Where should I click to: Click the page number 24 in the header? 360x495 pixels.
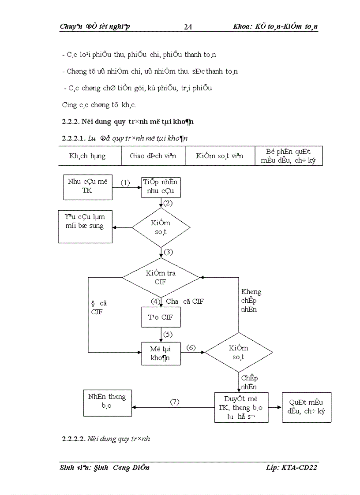[x=187, y=27]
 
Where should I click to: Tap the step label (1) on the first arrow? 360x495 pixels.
[x=126, y=182]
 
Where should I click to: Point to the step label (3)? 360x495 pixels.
[x=168, y=252]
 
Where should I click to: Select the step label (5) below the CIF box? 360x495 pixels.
[x=168, y=334]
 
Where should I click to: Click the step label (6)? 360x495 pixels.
[x=191, y=347]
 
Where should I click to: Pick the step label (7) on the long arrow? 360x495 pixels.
[x=175, y=402]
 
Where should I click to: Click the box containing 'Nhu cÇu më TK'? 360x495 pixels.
[x=88, y=186]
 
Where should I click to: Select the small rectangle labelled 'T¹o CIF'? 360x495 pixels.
[x=161, y=317]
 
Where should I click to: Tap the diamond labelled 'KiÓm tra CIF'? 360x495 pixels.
[x=161, y=277]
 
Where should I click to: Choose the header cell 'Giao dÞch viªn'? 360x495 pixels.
[x=153, y=156]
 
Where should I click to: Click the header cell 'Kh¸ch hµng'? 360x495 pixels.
[x=90, y=156]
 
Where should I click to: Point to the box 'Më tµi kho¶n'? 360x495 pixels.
[x=161, y=353]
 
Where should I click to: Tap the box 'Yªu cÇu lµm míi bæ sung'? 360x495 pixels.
[x=85, y=226]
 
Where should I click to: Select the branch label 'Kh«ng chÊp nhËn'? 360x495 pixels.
[x=251, y=301]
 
